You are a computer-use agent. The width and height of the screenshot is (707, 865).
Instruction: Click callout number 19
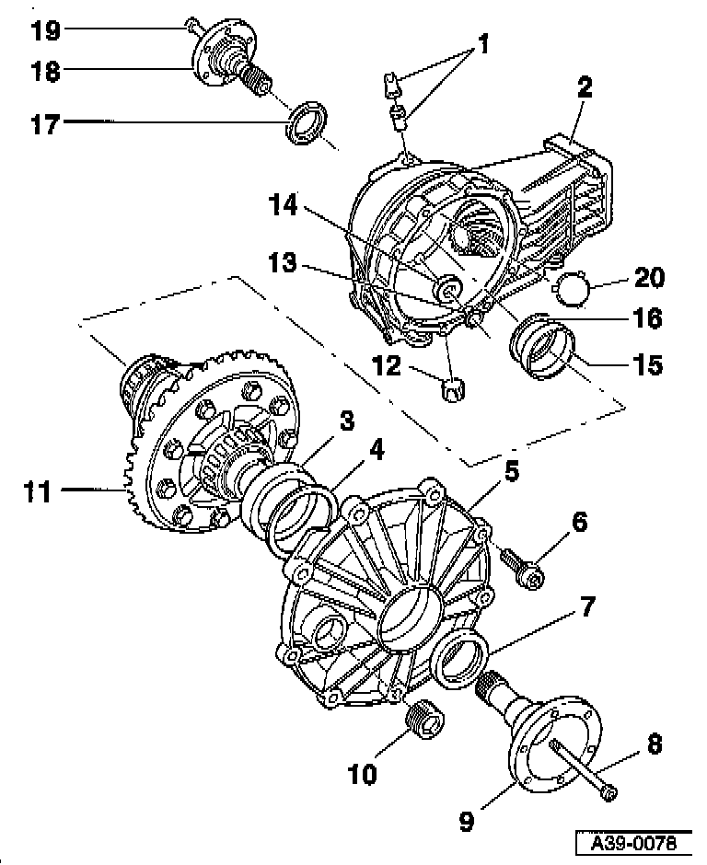[x=44, y=30]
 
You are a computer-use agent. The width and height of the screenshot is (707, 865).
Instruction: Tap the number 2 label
[x=585, y=87]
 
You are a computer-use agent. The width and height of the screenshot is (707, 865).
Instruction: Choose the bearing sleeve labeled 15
[x=543, y=352]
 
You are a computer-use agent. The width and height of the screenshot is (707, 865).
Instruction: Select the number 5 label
[x=512, y=473]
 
